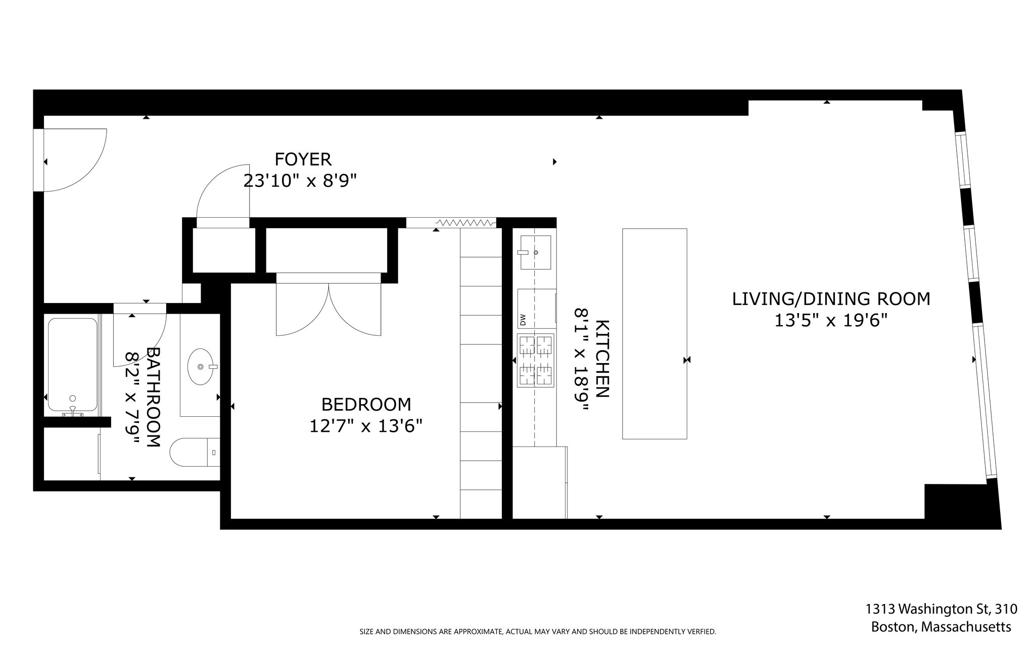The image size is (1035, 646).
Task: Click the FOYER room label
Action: (x=303, y=159)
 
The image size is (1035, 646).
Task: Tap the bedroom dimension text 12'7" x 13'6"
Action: (x=365, y=426)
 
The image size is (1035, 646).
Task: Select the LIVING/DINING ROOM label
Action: (x=831, y=299)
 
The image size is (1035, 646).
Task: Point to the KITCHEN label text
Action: (x=602, y=359)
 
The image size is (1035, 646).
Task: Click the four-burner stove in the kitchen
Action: (x=536, y=360)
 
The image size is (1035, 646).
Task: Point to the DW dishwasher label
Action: (x=523, y=320)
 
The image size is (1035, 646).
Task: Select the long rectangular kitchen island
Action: (x=654, y=333)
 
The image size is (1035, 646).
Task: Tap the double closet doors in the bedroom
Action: (x=328, y=308)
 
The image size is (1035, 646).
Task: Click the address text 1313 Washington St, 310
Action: (x=941, y=609)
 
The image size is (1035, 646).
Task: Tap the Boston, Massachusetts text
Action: (x=941, y=627)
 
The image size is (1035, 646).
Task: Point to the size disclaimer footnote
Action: (x=537, y=631)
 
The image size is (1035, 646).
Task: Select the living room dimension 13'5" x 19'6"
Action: (x=831, y=321)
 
